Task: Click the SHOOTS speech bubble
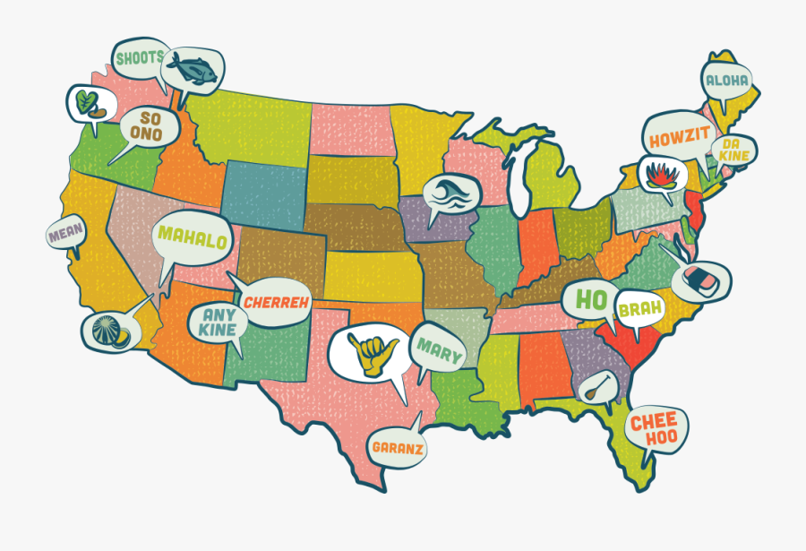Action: [x=138, y=59]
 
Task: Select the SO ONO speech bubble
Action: [x=147, y=126]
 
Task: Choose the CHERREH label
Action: [x=276, y=303]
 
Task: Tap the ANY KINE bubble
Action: [x=219, y=322]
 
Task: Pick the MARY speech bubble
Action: [x=438, y=348]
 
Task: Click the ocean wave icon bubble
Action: [x=450, y=194]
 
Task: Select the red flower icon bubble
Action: [x=661, y=173]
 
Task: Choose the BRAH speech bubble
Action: [x=639, y=309]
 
